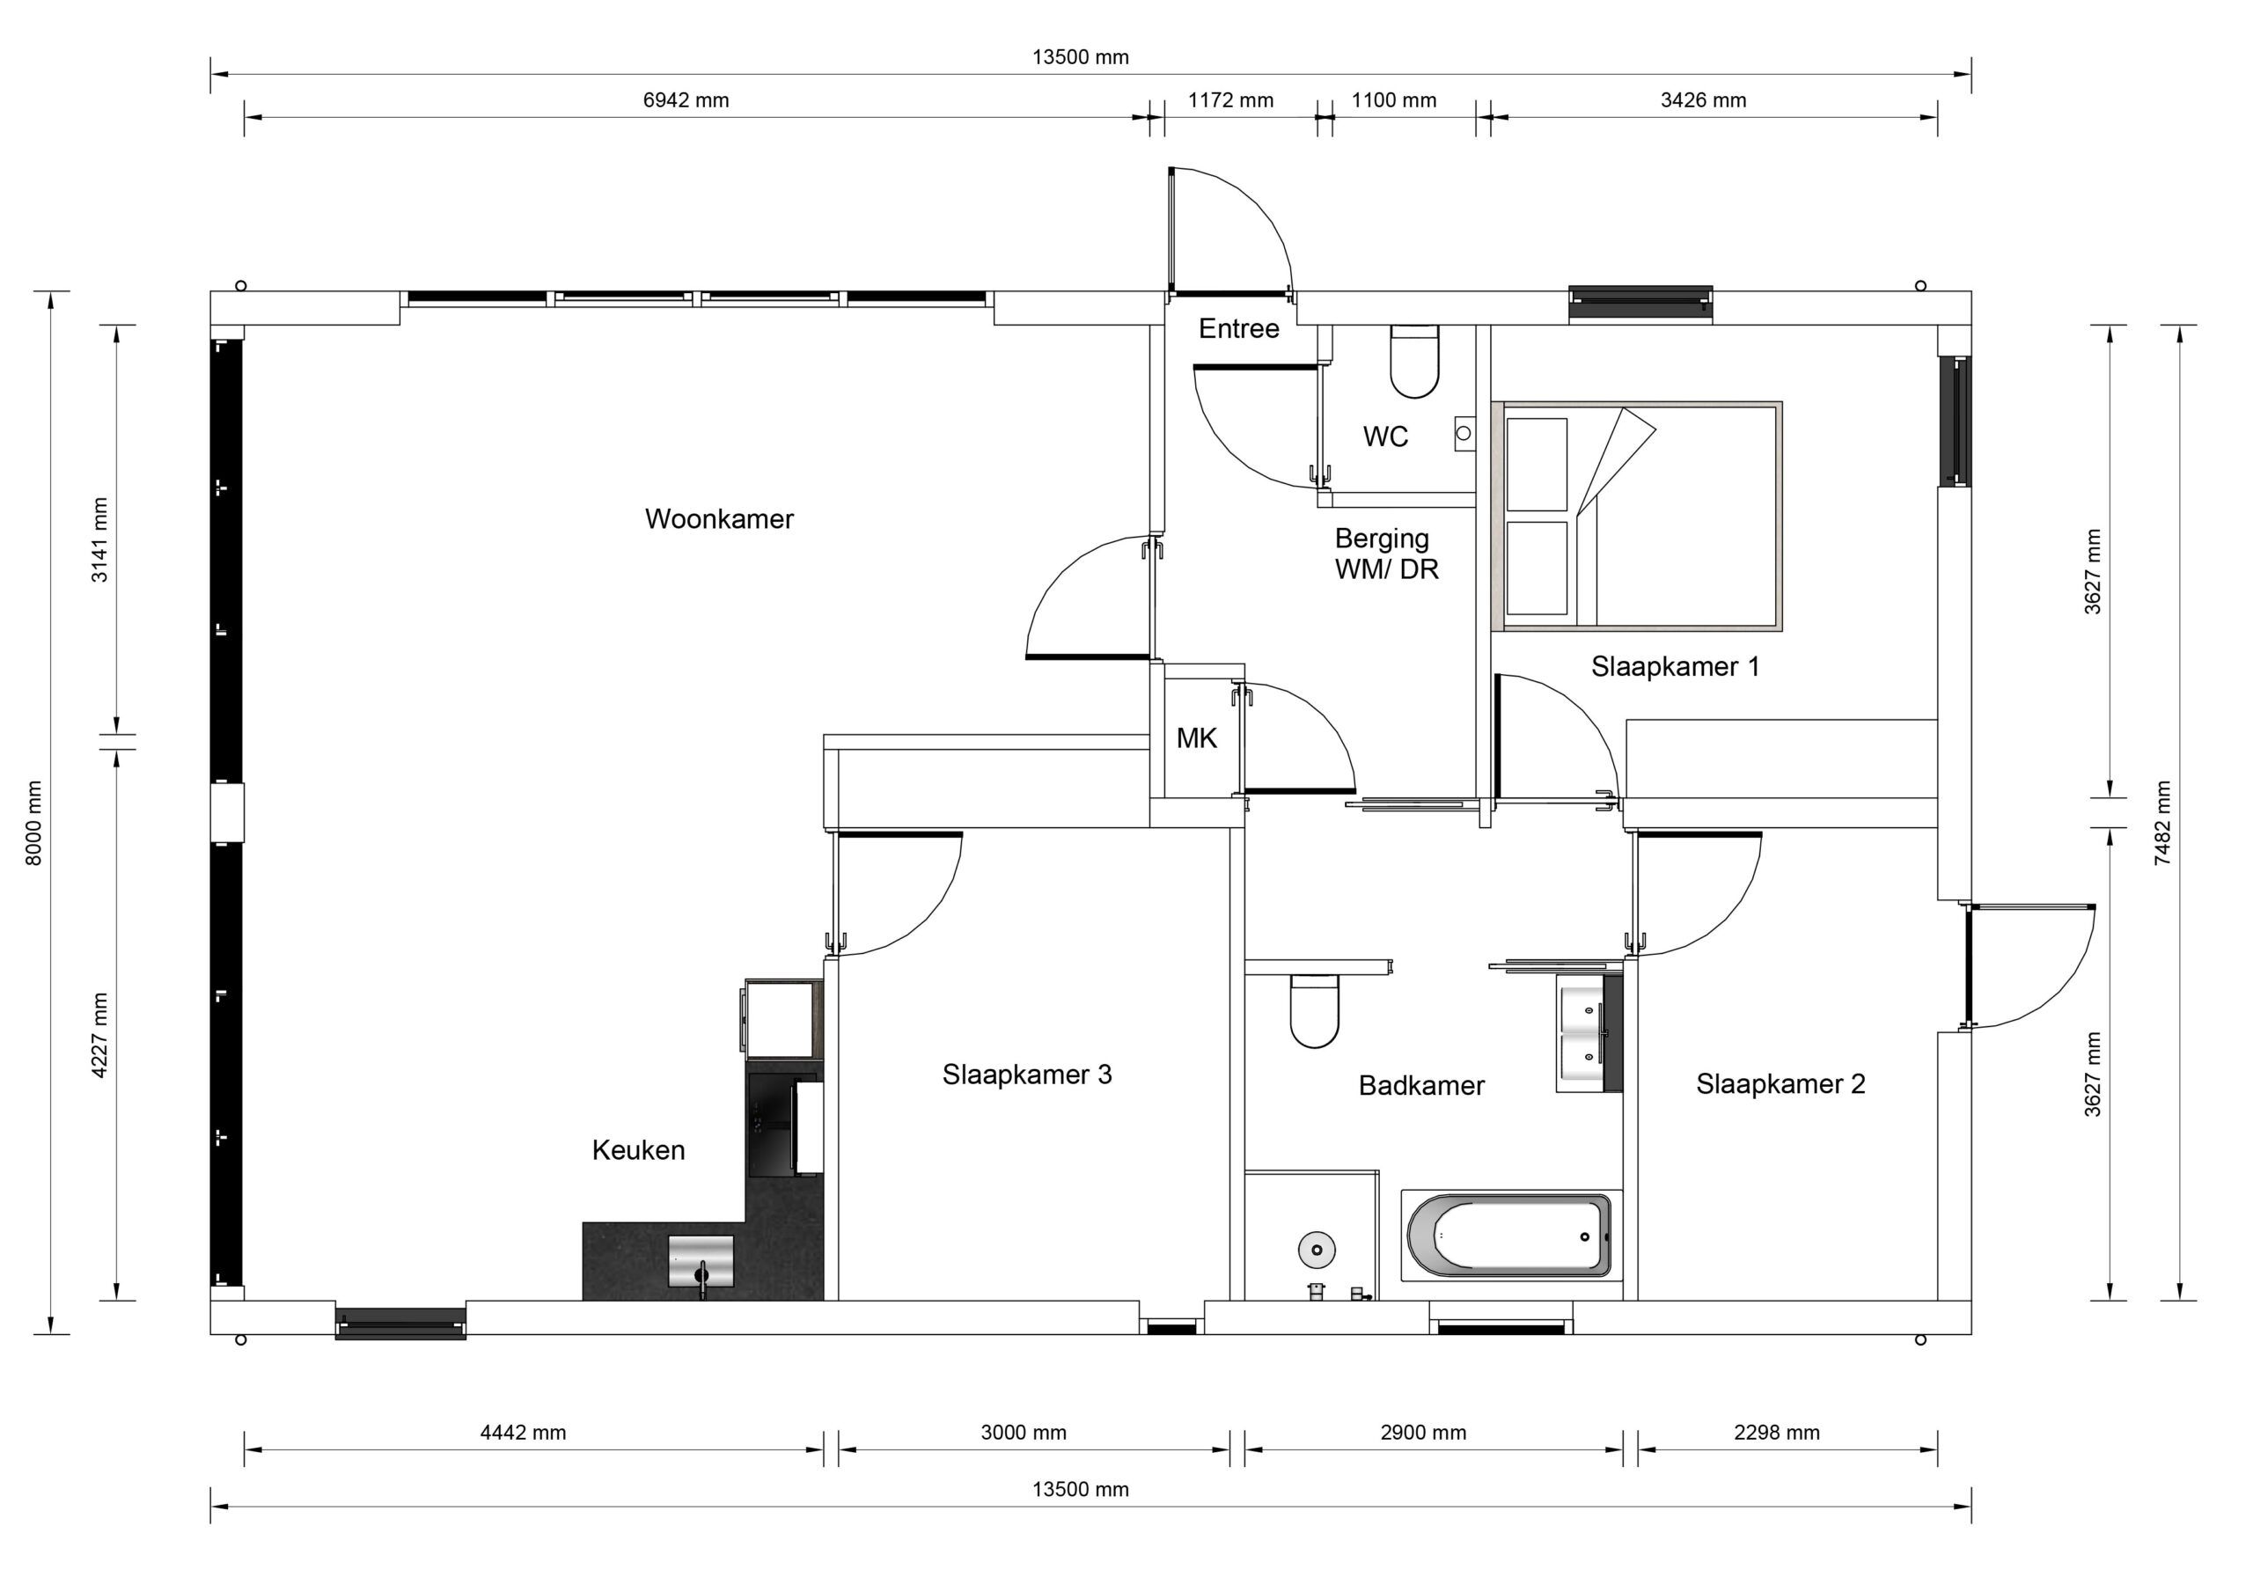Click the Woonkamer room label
click(718, 519)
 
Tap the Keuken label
click(638, 1150)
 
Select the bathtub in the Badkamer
click(1509, 1236)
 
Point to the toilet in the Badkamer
click(1314, 1011)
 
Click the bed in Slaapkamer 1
click(1636, 517)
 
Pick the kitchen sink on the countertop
click(701, 1261)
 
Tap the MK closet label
click(1196, 738)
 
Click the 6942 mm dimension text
click(686, 100)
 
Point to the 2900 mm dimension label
click(1423, 1432)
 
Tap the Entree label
click(1238, 329)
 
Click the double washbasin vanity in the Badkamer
click(1589, 1032)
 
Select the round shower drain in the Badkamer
click(1317, 1250)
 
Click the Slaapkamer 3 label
click(1026, 1075)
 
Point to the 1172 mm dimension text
click(1230, 100)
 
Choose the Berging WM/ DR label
click(1384, 554)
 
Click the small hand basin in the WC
click(1465, 432)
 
